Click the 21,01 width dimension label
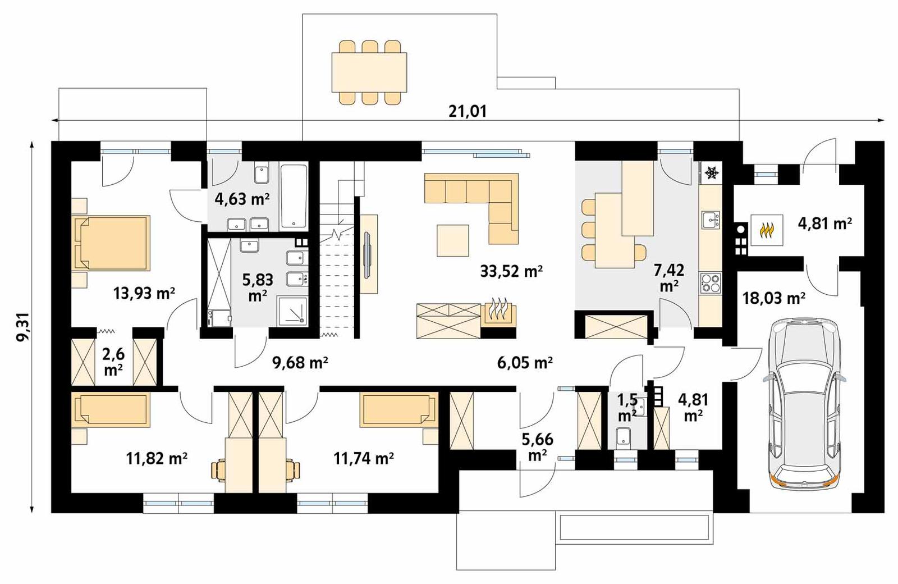(468, 111)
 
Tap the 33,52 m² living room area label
(511, 271)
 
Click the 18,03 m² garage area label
(773, 298)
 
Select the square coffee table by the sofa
(452, 240)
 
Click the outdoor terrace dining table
(369, 72)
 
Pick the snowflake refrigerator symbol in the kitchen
(711, 173)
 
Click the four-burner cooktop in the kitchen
(711, 283)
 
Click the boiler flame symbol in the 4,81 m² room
(767, 230)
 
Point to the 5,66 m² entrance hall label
(537, 446)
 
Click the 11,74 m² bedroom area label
(363, 458)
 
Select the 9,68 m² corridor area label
(300, 363)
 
